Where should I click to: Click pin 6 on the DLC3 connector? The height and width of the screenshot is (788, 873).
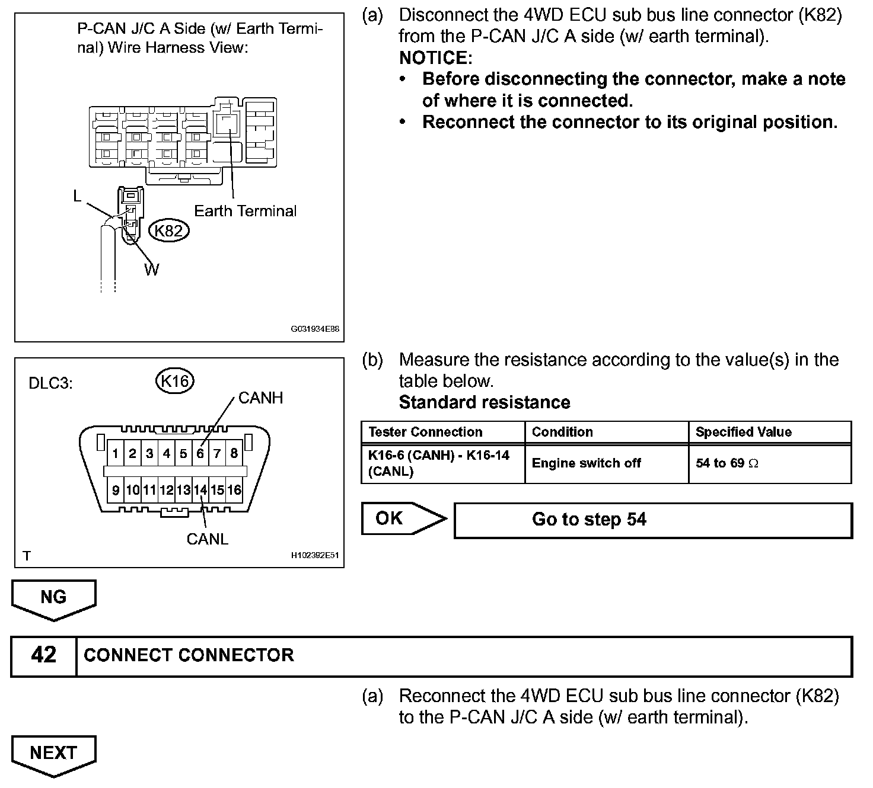click(x=200, y=454)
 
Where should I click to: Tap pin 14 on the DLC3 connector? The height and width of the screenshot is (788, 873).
click(x=200, y=490)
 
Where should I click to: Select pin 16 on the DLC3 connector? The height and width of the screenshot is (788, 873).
click(x=234, y=490)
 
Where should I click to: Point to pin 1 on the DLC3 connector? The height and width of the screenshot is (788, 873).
click(x=116, y=454)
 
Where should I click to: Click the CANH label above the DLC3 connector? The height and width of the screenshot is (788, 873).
click(x=260, y=398)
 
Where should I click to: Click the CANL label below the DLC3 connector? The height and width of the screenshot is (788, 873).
click(x=207, y=539)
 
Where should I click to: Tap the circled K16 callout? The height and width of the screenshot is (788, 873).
click(x=175, y=381)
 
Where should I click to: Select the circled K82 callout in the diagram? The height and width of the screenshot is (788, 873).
click(x=168, y=230)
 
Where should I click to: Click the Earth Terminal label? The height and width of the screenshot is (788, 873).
click(x=245, y=211)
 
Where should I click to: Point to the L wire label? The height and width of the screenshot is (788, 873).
click(x=77, y=196)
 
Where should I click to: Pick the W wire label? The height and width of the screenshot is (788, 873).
click(x=152, y=270)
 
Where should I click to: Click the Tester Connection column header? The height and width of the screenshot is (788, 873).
click(x=425, y=432)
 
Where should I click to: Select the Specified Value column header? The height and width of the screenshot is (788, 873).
click(x=743, y=432)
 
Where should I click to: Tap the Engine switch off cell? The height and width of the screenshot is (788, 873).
click(x=586, y=463)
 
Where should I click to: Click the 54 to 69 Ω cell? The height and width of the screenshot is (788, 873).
click(x=727, y=463)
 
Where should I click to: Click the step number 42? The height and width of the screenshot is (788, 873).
click(x=44, y=655)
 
